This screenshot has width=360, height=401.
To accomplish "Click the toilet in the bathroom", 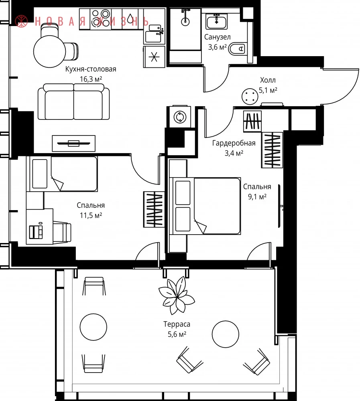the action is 237,49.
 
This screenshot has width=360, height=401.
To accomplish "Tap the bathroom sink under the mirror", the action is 217,22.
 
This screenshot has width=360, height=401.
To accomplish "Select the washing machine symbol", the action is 180,117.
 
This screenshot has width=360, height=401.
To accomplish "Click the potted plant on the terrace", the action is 177,295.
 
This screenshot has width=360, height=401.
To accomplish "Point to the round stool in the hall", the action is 250,96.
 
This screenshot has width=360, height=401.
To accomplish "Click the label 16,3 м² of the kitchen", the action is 91,79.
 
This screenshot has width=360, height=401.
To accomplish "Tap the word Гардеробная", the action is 234,143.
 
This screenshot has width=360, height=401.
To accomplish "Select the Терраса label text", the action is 177,324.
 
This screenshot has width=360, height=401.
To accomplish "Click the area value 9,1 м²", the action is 257,196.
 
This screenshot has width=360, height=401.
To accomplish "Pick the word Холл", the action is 268,80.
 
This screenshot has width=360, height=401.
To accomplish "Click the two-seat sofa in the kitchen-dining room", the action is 74,101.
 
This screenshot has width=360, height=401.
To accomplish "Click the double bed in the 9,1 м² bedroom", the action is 205,206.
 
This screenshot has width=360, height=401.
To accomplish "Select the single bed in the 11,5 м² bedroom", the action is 62,174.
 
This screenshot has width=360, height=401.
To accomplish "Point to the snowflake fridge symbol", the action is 154,57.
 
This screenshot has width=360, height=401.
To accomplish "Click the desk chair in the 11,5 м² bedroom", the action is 62,232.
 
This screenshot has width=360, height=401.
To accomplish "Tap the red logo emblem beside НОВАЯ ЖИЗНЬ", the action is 21,21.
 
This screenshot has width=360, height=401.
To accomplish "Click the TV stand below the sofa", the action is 74,144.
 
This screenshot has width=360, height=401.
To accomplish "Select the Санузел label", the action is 218,37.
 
